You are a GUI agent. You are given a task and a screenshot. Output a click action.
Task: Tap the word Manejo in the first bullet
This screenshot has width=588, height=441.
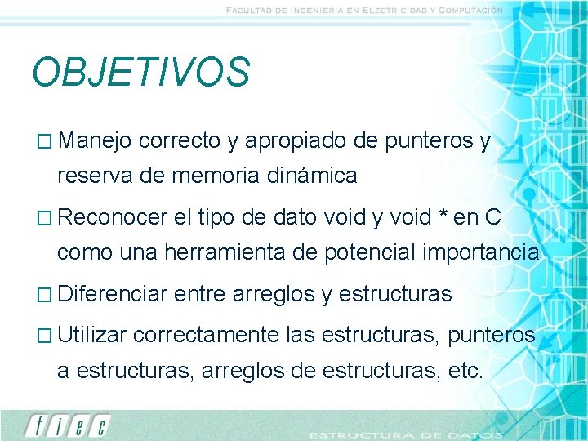95,141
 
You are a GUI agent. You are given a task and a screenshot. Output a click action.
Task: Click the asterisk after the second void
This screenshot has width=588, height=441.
442,216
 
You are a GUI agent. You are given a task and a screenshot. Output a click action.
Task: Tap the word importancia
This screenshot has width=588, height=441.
481,252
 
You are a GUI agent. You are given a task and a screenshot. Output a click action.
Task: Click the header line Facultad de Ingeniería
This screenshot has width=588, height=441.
364,10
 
